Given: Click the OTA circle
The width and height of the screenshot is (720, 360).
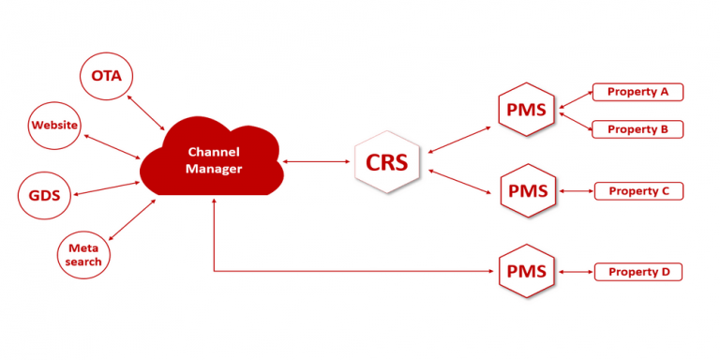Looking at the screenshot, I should click(107, 75).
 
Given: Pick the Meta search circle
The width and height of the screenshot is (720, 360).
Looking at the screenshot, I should click(83, 254).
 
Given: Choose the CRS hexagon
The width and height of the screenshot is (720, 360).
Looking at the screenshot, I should click(386, 161).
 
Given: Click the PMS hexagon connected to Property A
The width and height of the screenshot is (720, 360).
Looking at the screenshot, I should click(527, 110).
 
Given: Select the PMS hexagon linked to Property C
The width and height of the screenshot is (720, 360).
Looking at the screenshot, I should click(527, 191).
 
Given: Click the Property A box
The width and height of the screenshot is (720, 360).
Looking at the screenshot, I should click(637, 92).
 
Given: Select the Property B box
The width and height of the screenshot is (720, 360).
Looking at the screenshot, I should click(637, 129).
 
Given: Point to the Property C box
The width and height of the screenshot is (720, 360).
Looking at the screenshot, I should click(638, 191).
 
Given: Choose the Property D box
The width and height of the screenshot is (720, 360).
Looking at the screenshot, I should click(638, 272).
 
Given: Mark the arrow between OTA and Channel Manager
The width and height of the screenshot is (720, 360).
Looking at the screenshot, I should click(148, 111).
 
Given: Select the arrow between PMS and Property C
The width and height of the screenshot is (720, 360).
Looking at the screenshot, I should click(576, 191).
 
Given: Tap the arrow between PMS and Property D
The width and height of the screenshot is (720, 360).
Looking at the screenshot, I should click(576, 272).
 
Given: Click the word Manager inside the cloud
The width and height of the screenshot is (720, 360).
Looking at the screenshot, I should click(214, 169).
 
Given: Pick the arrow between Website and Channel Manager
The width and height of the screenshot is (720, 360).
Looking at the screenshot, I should click(113, 145).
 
